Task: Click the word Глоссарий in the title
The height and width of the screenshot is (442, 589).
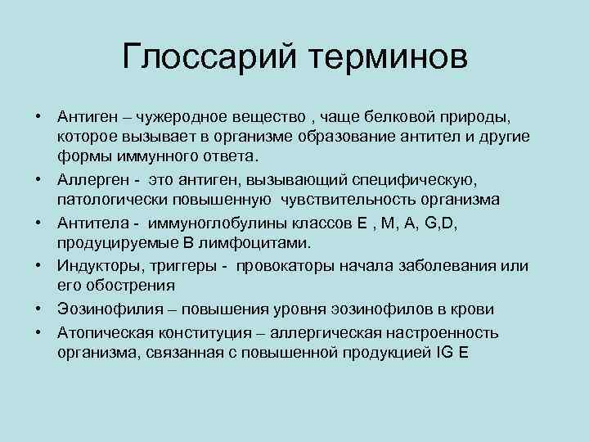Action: tap(209, 58)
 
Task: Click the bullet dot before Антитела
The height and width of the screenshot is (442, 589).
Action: tap(38, 222)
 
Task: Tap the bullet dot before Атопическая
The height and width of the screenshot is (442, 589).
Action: tap(38, 332)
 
